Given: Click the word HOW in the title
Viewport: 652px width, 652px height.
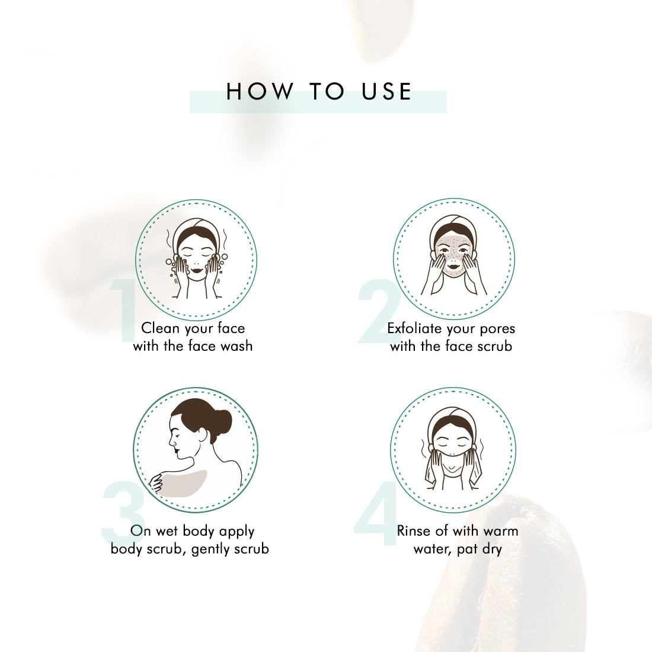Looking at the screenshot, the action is [x=260, y=91].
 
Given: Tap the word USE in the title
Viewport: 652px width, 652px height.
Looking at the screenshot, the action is [x=386, y=91].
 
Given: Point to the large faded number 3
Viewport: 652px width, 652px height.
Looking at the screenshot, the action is [x=123, y=513].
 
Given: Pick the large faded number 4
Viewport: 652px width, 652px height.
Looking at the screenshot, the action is [x=376, y=513].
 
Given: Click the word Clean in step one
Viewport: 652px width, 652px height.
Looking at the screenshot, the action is [x=160, y=328].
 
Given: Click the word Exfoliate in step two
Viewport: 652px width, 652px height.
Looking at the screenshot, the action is [x=414, y=328].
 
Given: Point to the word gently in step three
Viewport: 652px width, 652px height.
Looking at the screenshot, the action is [x=209, y=549].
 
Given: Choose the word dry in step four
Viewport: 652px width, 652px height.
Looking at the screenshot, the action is [x=492, y=549].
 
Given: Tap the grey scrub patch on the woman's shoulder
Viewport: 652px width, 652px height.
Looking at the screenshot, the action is [x=183, y=483].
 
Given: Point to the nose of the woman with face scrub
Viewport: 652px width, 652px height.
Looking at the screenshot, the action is [x=453, y=258].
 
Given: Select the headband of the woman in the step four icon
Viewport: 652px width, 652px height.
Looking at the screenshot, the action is [x=453, y=417].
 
